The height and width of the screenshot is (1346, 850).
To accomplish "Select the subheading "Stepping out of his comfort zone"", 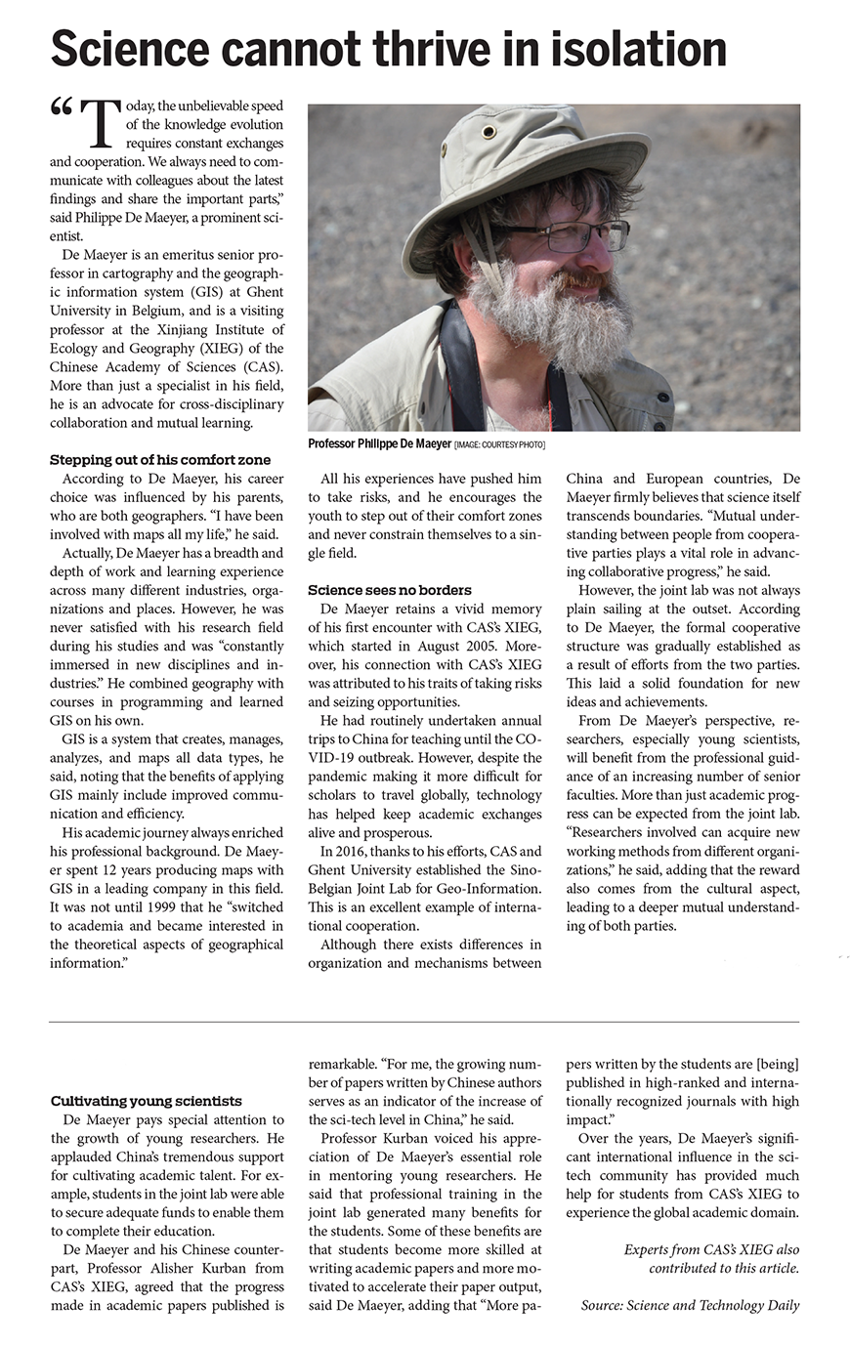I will click(160, 459).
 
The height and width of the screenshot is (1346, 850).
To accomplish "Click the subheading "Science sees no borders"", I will click(389, 590).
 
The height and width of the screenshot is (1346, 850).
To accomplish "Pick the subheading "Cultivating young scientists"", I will click(146, 1101).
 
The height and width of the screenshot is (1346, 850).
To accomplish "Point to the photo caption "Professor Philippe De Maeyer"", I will click(379, 444).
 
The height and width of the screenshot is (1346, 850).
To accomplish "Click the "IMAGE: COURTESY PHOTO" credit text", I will click(500, 445).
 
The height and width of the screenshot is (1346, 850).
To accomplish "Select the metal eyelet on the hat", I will click(489, 131).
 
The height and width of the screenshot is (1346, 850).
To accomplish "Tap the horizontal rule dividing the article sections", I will click(424, 1022).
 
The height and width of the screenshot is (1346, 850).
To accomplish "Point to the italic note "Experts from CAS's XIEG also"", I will click(711, 1249).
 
